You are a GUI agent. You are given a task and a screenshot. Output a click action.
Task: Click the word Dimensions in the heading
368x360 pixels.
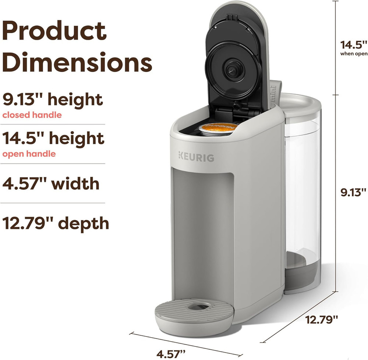(77, 62)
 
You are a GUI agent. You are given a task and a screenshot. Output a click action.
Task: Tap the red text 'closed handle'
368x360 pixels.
(32, 115)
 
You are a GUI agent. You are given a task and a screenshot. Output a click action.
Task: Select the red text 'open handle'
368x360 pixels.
(29, 154)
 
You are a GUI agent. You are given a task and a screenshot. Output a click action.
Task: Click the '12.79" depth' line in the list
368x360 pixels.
(56, 223)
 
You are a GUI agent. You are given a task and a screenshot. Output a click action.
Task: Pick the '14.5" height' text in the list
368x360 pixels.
(53, 138)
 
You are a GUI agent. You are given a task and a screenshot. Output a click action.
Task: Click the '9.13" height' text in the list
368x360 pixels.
(53, 100)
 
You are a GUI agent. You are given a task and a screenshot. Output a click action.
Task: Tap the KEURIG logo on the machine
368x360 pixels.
(197, 157)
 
